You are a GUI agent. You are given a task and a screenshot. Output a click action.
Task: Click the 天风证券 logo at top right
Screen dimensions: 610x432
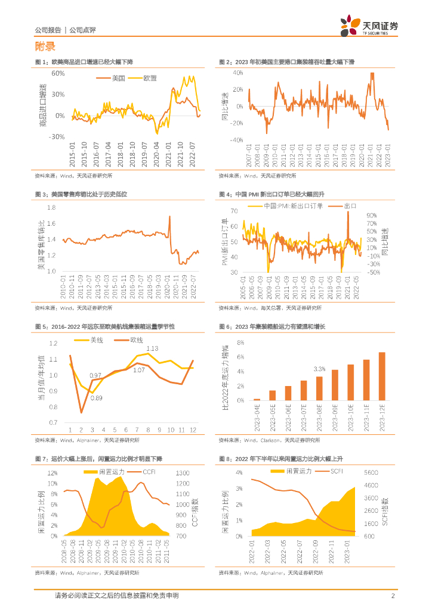(x=369, y=26)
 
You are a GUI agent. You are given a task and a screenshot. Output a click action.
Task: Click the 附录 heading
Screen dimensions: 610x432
(x=45, y=46)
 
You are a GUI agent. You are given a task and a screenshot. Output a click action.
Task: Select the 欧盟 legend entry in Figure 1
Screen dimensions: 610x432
(x=150, y=78)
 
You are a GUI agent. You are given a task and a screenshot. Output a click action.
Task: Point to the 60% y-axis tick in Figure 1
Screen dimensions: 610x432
(x=58, y=73)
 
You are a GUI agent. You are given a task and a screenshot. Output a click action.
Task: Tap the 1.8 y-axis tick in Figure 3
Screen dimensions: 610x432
(x=51, y=207)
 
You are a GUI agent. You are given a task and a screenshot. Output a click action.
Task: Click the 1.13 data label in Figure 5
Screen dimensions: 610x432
(x=152, y=348)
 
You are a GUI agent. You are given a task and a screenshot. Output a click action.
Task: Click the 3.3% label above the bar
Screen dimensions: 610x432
(x=319, y=369)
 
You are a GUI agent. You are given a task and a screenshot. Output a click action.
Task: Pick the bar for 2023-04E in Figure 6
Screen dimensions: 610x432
(x=257, y=399)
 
